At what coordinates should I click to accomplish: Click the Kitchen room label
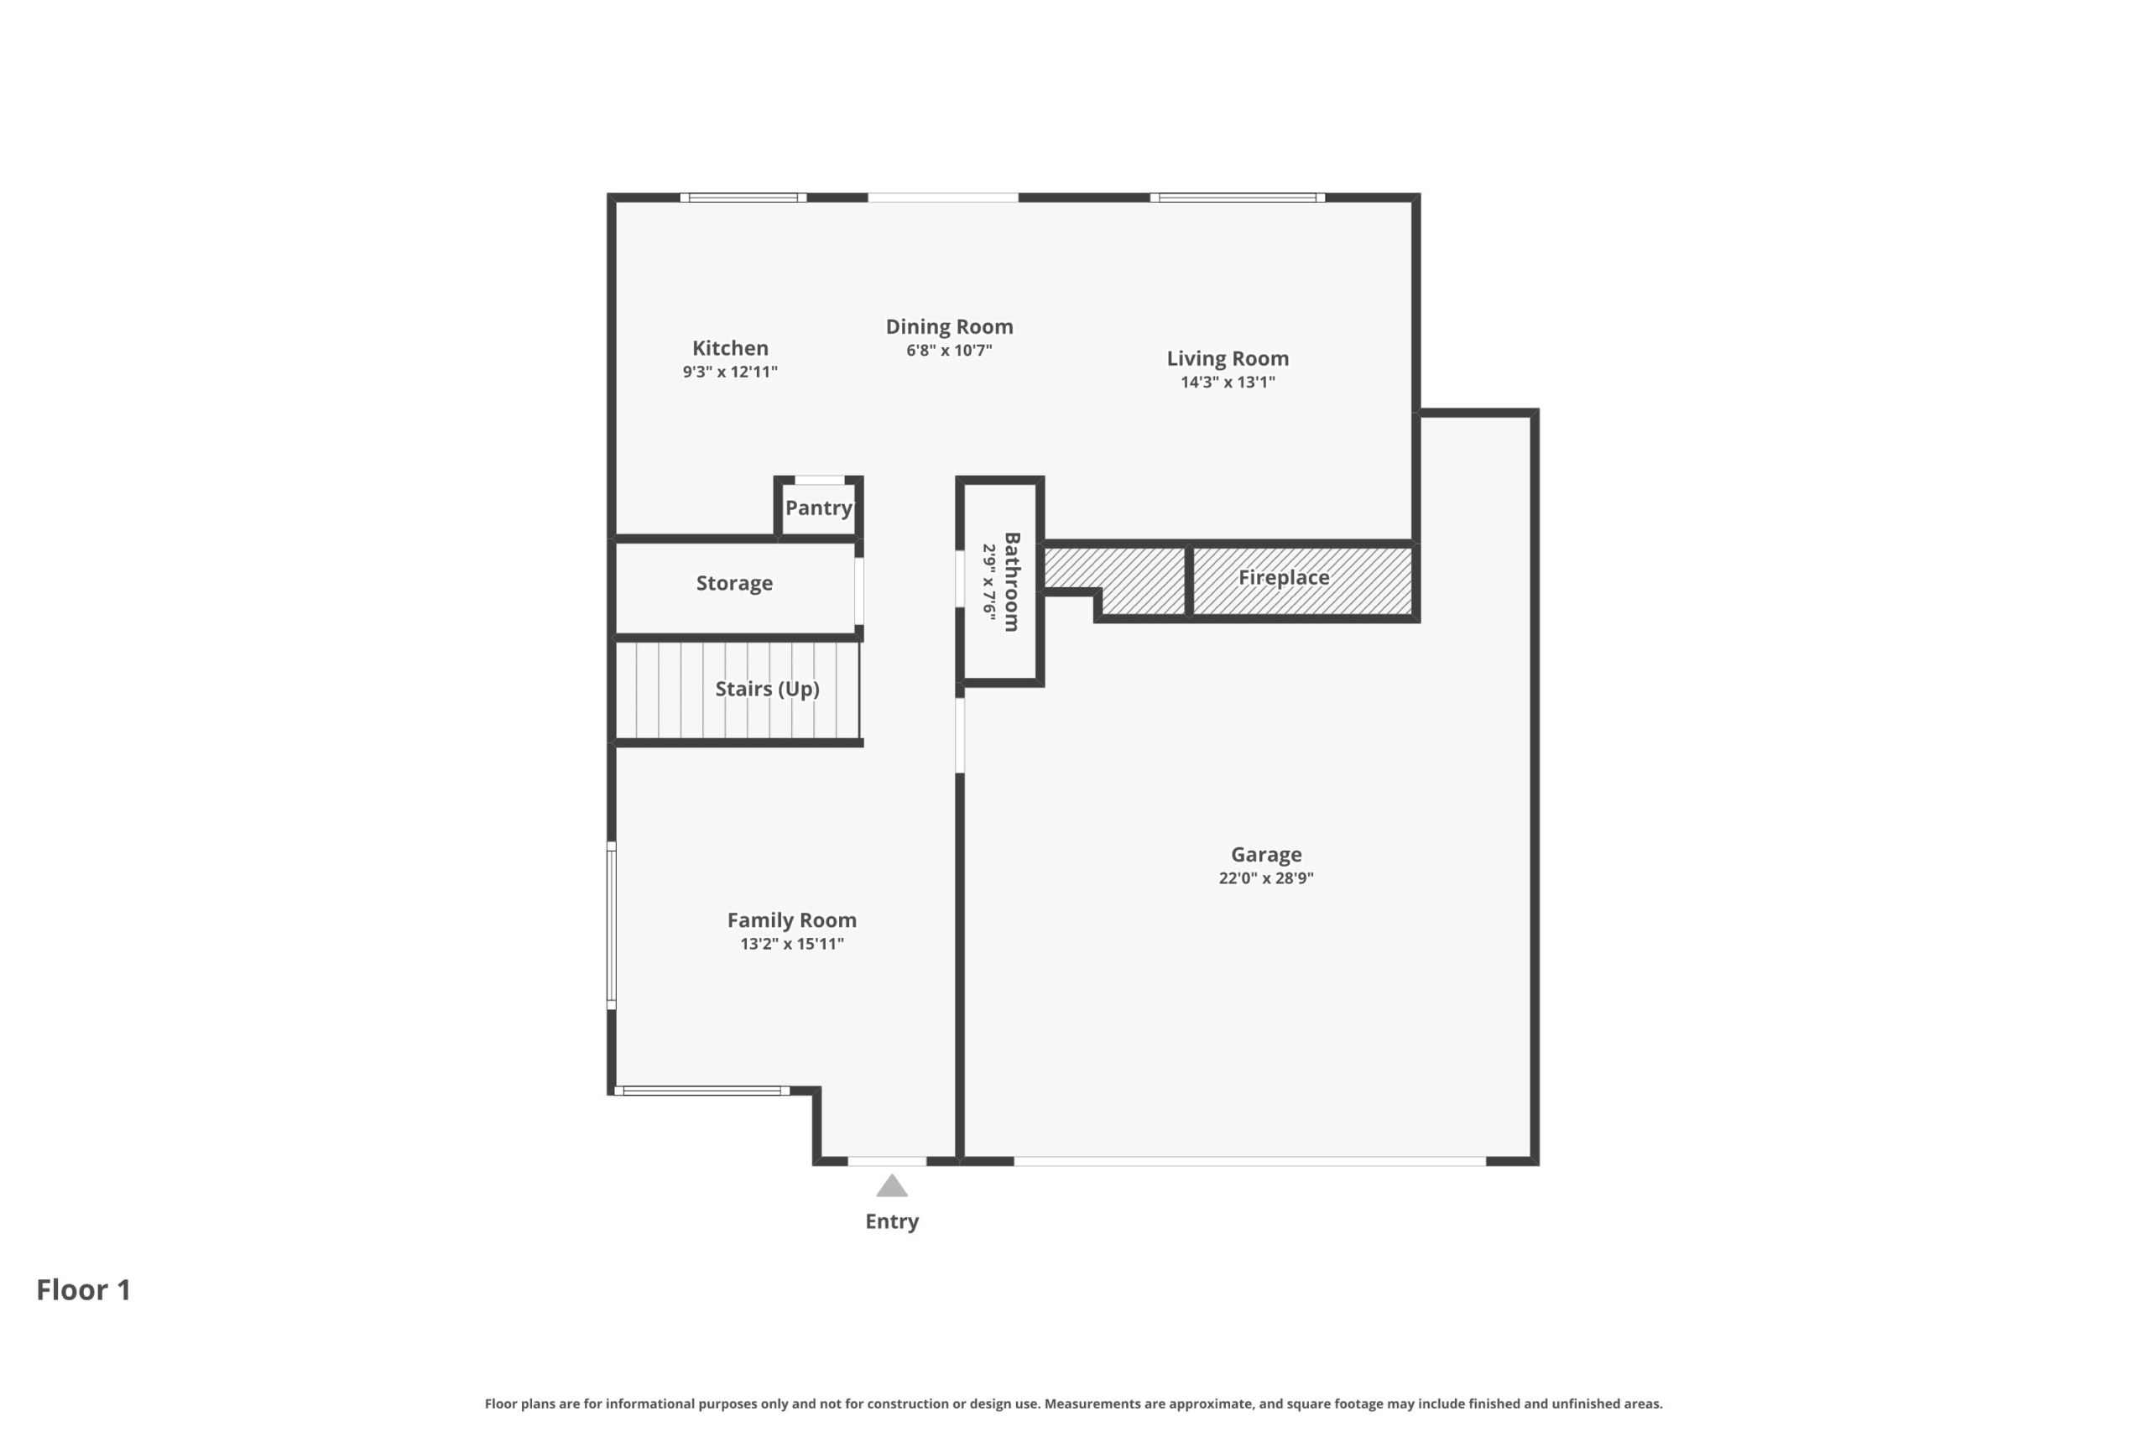pos(730,348)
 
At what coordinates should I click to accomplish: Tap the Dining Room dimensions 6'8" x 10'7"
pos(949,350)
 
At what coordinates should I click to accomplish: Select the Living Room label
pos(1228,358)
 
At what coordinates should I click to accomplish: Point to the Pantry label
pos(818,508)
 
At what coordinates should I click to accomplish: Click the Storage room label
pos(734,583)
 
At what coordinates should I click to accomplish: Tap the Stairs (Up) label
pos(767,689)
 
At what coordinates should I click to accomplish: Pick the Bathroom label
pos(1012,581)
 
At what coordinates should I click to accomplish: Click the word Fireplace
pos(1283,577)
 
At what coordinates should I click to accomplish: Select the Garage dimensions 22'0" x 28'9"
pos(1266,877)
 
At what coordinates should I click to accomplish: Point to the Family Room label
pos(792,919)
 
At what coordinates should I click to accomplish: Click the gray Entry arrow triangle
pos(892,1185)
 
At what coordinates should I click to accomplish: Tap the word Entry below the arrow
pos(892,1221)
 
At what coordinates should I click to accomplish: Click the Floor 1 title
pos(84,1289)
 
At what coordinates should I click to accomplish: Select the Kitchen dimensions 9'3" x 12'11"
pos(730,372)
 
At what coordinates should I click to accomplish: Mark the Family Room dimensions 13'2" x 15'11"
pos(792,944)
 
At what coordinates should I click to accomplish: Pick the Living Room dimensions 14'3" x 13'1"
pos(1228,382)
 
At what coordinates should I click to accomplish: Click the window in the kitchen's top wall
pos(743,197)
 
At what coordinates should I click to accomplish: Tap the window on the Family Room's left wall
pos(612,925)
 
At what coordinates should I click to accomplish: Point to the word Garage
pos(1266,855)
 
